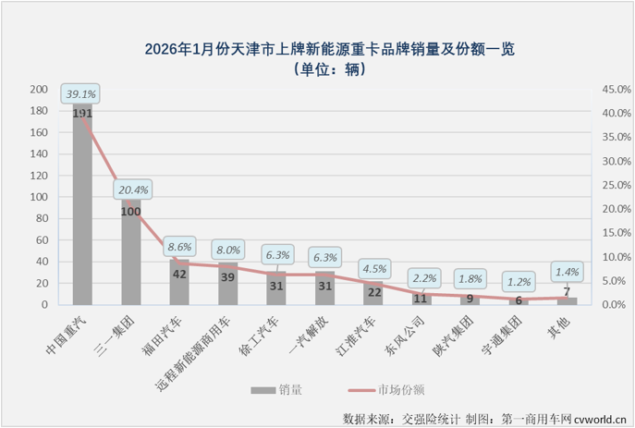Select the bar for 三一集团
tap(131, 254)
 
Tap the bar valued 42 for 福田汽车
tap(179, 283)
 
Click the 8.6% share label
tap(178, 248)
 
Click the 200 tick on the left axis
tap(39, 90)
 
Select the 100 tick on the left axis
tap(39, 197)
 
